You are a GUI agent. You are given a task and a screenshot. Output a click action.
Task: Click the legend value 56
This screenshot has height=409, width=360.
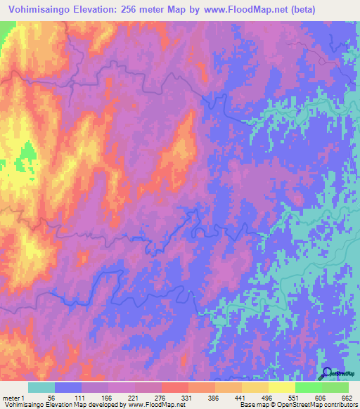click(x=51, y=398)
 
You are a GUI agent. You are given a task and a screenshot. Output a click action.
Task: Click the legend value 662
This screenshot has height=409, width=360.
click(x=345, y=398)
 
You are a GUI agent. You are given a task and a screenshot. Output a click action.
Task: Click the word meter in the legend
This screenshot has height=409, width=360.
click(x=11, y=398)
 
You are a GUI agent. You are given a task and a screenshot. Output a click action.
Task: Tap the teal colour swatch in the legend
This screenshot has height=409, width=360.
click(x=41, y=387)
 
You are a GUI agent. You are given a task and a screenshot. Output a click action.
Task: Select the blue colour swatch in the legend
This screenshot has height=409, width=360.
click(x=68, y=387)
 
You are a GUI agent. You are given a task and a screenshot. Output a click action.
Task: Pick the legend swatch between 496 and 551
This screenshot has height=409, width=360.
click(x=282, y=387)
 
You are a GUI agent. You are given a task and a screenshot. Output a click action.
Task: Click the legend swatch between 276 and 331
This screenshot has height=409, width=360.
click(x=175, y=387)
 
